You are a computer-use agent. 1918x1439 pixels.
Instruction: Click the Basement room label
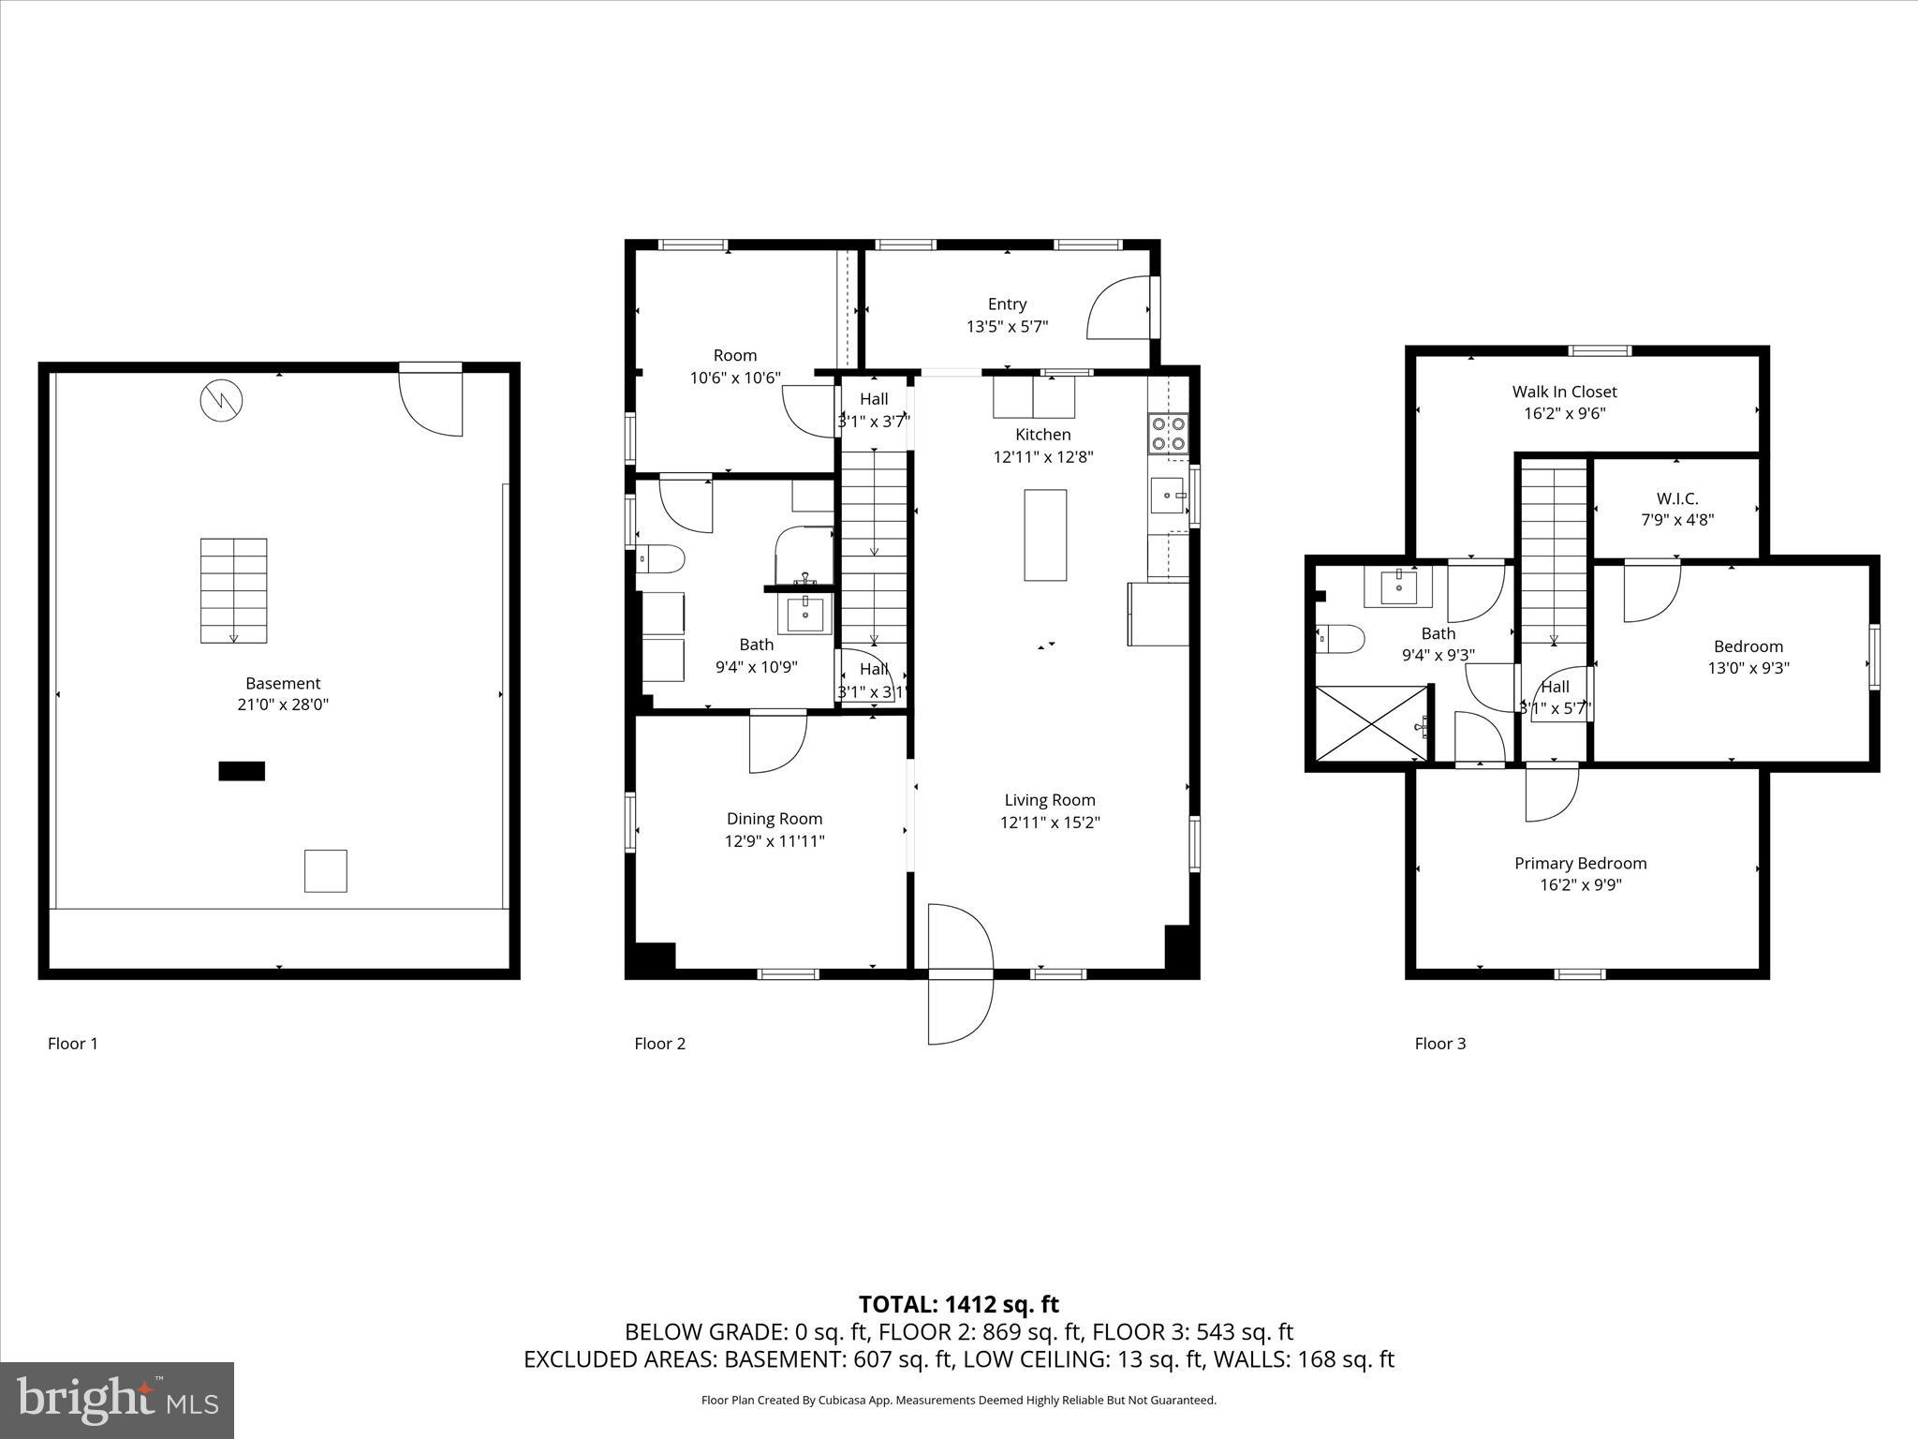pyautogui.click(x=283, y=684)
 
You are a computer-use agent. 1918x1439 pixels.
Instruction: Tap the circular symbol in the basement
pyautogui.click(x=222, y=401)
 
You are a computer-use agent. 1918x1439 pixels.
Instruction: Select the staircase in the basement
pyautogui.click(x=233, y=590)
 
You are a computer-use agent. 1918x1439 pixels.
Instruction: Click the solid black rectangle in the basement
pyautogui.click(x=242, y=771)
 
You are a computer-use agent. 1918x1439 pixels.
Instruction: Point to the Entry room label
pyautogui.click(x=1007, y=304)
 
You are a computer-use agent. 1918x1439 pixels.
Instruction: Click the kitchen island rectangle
pyautogui.click(x=1045, y=535)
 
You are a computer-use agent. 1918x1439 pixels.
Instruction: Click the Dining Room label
pyautogui.click(x=775, y=819)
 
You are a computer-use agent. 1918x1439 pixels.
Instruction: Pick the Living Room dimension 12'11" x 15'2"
pyautogui.click(x=1049, y=823)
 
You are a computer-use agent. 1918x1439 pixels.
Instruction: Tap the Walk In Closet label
pyautogui.click(x=1564, y=392)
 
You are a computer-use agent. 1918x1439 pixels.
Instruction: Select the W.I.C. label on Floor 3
pyautogui.click(x=1676, y=499)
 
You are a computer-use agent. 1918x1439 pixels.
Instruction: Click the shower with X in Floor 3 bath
pyautogui.click(x=1372, y=723)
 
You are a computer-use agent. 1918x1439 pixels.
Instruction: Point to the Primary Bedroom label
pyautogui.click(x=1580, y=863)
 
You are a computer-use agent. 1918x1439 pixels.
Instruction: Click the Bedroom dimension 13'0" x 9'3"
pyautogui.click(x=1748, y=668)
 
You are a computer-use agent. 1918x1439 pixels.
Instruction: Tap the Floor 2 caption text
pyautogui.click(x=659, y=1044)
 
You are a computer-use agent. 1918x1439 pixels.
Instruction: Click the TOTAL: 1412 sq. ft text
pyautogui.click(x=958, y=1304)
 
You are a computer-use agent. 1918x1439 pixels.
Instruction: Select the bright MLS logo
pyautogui.click(x=117, y=1400)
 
